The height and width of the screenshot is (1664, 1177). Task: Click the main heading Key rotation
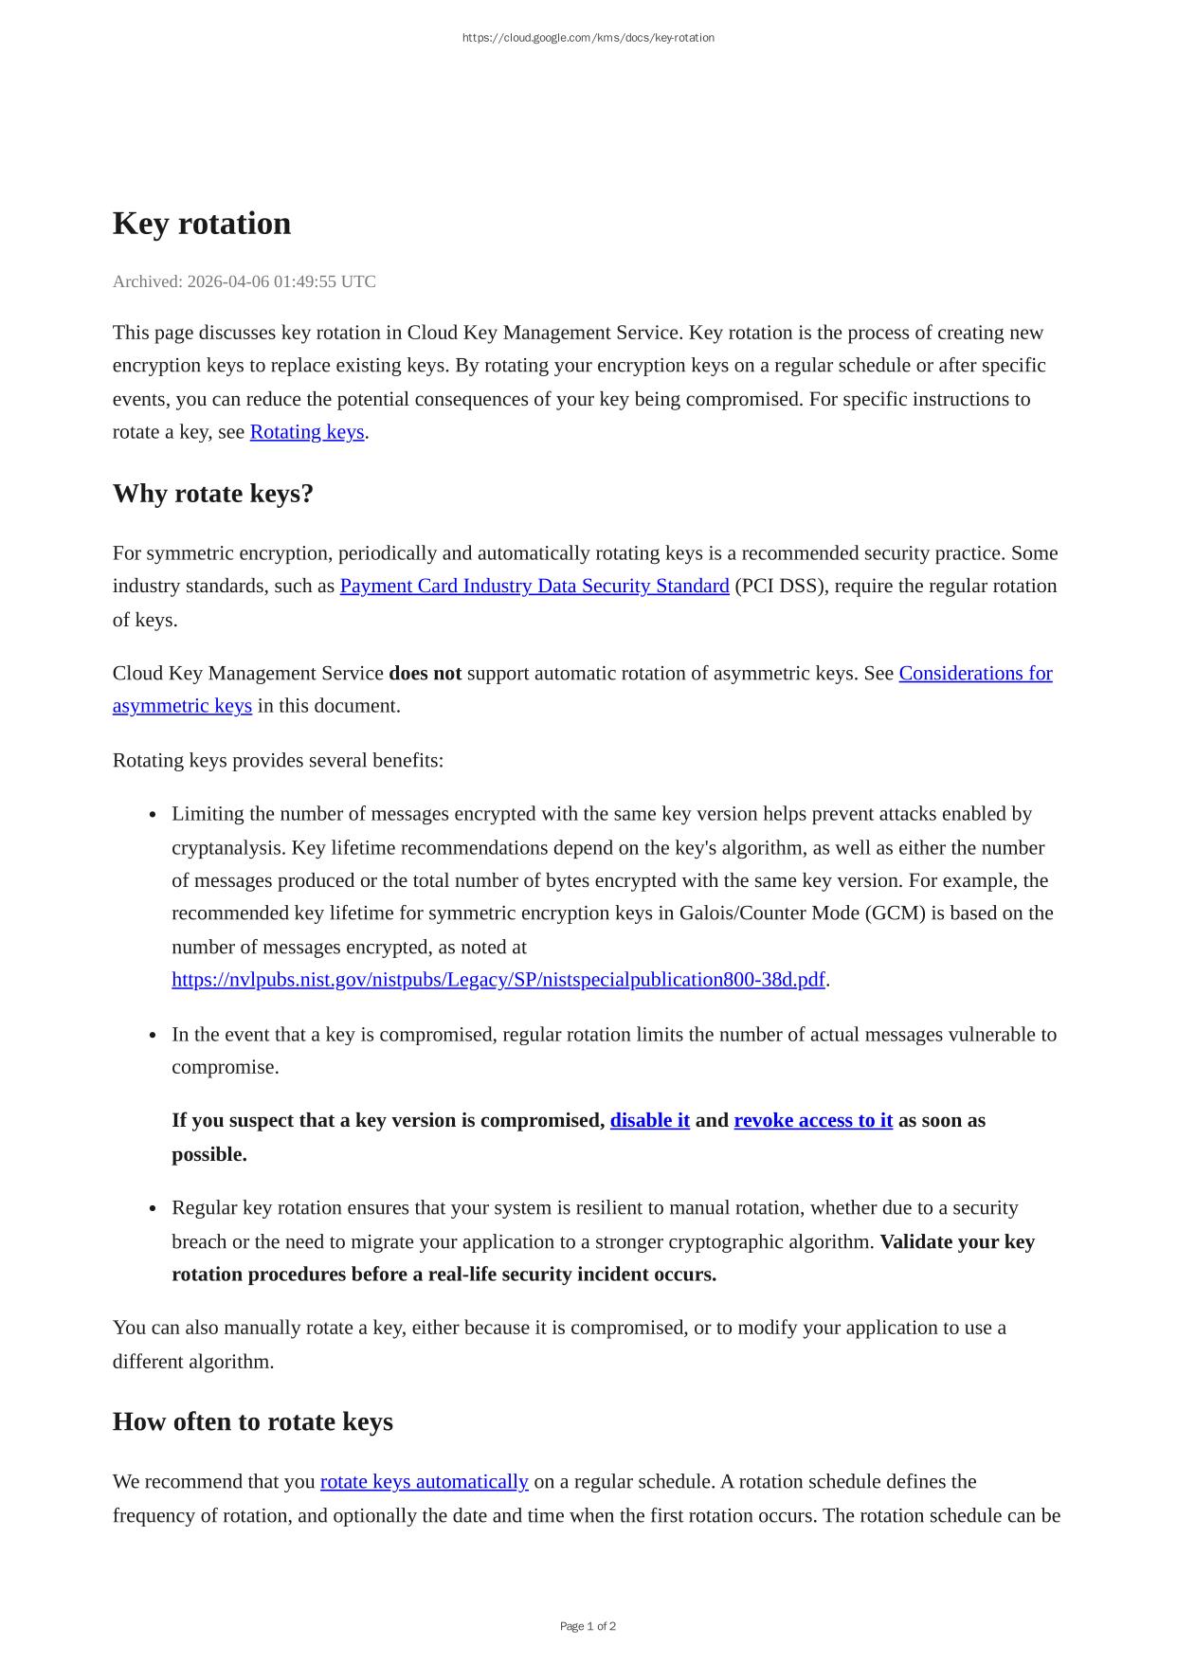201,224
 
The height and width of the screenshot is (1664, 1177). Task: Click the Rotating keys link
306,432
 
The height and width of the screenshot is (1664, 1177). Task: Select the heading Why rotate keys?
212,494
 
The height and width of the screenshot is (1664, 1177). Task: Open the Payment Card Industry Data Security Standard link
534,587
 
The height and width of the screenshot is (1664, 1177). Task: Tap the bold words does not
425,674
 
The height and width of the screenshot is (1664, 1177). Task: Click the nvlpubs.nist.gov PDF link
498,980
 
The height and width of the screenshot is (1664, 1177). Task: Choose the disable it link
649,1121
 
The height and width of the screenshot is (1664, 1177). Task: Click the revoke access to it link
812,1121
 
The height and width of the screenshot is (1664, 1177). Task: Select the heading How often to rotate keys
252,1422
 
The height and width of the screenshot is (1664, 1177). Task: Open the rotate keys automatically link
424,1482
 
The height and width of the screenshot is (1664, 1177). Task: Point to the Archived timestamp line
244,281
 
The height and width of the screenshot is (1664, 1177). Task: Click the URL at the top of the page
588,38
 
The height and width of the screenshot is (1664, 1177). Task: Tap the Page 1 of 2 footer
588,1626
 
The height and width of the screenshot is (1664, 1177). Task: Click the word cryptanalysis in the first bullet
226,848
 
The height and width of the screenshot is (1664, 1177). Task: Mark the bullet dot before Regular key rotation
153,1209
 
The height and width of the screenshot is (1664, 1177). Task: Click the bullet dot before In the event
153,1036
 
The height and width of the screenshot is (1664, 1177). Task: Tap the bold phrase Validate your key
956,1242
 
